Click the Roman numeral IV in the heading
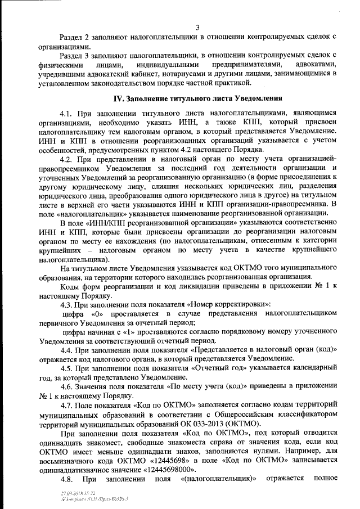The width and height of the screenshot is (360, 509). [119, 98]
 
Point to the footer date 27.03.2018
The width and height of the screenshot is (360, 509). [72, 493]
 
